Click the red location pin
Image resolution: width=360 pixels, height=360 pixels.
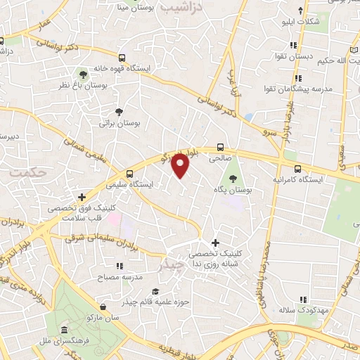pos(181,165)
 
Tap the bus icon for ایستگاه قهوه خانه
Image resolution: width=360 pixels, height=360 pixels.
pos(122,58)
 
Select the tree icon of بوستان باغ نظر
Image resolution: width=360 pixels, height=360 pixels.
pos(84,73)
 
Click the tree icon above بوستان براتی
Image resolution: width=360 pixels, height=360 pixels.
pos(119,110)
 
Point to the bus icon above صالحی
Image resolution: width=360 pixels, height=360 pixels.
pos(221,148)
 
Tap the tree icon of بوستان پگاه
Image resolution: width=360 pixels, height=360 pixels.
pos(232,179)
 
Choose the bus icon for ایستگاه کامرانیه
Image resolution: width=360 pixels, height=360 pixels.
pos(298,169)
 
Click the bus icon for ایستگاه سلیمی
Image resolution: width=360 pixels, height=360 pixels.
pos(129,174)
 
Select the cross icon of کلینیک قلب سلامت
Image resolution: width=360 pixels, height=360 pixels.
pos(83,198)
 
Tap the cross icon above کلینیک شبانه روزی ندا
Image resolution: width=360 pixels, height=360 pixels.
pos(215,243)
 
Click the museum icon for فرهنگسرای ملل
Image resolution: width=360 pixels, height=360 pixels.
pos(64,330)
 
